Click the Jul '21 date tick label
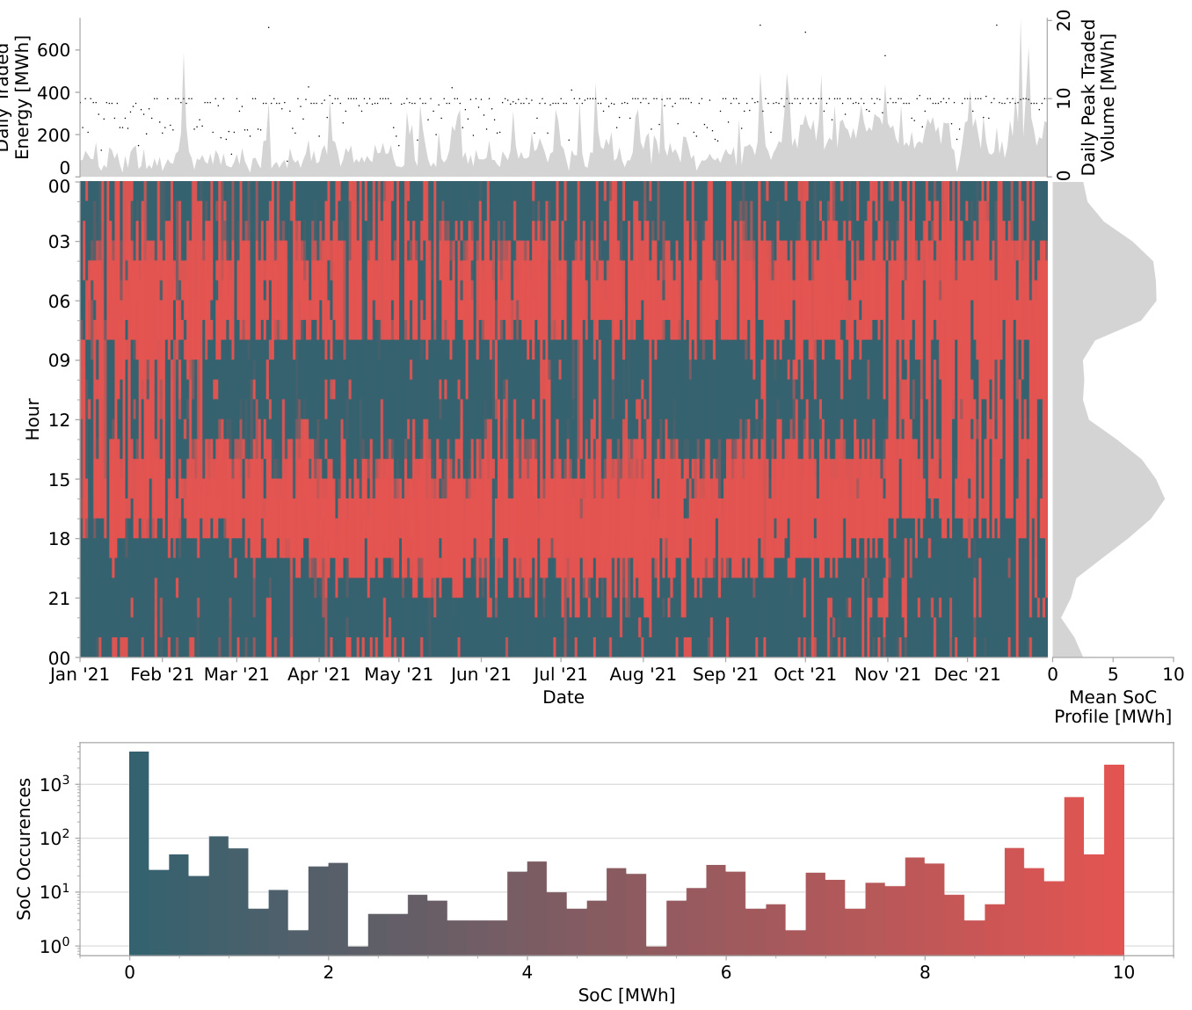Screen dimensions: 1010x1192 tap(560, 674)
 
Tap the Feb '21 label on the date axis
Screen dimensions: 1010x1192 tap(162, 674)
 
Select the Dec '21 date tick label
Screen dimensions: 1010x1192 tap(967, 674)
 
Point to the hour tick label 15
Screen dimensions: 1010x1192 tap(59, 480)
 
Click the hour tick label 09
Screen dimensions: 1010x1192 tap(59, 360)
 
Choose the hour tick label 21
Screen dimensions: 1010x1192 tap(59, 599)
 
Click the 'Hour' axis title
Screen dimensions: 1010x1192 tap(33, 418)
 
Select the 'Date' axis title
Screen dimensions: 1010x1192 tap(563, 697)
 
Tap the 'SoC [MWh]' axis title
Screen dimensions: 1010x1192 tap(627, 995)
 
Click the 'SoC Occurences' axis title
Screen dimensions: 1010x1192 tap(25, 848)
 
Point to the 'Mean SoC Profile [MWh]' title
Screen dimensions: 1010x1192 tap(1113, 707)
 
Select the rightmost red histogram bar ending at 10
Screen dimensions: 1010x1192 tap(1114, 857)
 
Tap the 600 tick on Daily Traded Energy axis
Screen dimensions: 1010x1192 tap(54, 50)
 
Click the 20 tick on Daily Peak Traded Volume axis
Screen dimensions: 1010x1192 tap(1064, 20)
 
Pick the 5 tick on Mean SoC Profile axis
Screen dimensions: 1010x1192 tap(1113, 674)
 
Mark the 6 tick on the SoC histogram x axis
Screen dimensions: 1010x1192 tap(726, 972)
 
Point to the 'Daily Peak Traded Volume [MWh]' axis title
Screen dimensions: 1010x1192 tap(1098, 97)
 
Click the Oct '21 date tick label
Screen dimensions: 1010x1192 tap(805, 674)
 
